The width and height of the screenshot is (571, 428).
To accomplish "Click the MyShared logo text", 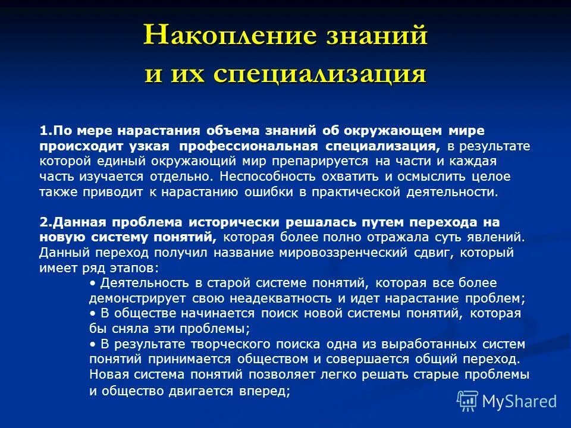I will (519, 401).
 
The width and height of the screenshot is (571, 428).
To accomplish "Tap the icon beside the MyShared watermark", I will (467, 401).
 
